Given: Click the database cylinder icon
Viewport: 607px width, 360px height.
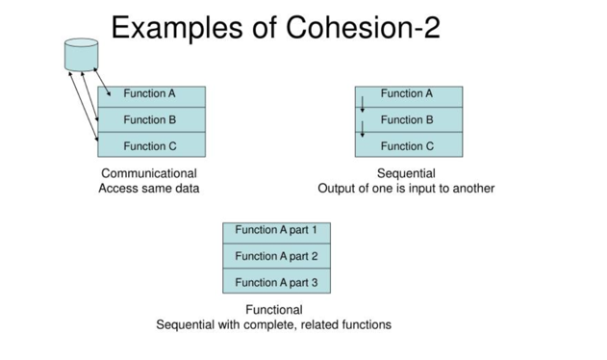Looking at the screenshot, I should [81, 54].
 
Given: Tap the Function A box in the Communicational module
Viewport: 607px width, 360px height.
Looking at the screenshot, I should [151, 95].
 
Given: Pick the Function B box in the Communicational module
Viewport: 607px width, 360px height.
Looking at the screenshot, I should [151, 120].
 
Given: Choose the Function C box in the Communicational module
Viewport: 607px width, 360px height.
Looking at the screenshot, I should [151, 145].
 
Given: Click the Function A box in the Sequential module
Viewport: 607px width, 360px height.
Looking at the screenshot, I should [409, 95].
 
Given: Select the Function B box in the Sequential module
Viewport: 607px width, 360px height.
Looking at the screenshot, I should [409, 120].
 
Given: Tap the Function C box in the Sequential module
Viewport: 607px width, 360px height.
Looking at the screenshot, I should [409, 145].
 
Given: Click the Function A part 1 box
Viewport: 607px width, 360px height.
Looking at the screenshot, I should [276, 231].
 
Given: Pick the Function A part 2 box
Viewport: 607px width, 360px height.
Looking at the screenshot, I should [276, 256].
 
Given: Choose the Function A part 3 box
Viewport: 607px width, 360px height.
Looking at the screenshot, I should [276, 282].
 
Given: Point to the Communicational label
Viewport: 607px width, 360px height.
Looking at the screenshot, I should [149, 173].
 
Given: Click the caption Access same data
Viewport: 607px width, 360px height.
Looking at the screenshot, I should [149, 189].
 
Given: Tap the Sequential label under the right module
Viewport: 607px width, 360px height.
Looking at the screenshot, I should [406, 173].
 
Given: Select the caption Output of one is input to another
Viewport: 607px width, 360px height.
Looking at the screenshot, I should [406, 189].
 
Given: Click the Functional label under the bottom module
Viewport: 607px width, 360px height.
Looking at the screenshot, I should [274, 310].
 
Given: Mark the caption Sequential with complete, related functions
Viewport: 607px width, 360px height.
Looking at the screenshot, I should [274, 325].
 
